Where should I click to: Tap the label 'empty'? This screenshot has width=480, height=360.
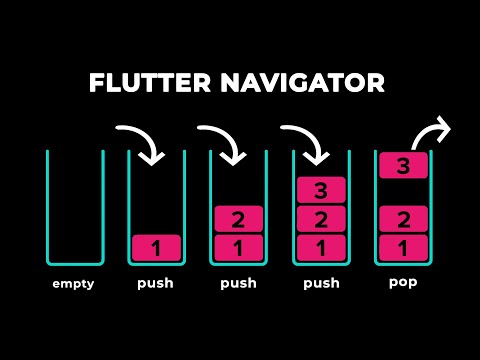[x=74, y=283]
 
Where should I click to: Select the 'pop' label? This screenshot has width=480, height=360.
[x=403, y=282]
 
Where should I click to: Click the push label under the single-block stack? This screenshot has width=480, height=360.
[x=155, y=283]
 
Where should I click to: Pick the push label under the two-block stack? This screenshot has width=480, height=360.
[x=238, y=283]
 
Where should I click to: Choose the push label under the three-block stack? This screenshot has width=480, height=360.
[x=321, y=283]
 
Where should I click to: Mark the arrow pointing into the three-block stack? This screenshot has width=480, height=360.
[x=306, y=142]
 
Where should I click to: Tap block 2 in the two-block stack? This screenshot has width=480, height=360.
[x=238, y=219]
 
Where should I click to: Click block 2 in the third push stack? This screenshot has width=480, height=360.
[x=321, y=219]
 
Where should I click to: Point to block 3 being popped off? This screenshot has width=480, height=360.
[x=403, y=166]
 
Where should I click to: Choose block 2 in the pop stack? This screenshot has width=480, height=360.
[x=403, y=219]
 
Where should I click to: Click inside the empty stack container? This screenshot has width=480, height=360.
[x=73, y=210]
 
